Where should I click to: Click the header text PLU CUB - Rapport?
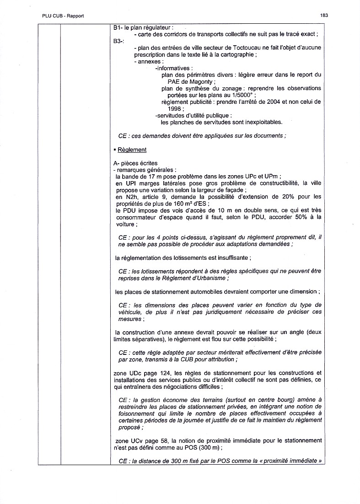(x=63, y=16)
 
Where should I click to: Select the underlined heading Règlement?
(x=132, y=150)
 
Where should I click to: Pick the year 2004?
(x=258, y=102)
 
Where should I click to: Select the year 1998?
(x=175, y=108)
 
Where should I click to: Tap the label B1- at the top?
(x=117, y=28)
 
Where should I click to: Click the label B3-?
(x=118, y=41)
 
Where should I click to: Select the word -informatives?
(x=174, y=68)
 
